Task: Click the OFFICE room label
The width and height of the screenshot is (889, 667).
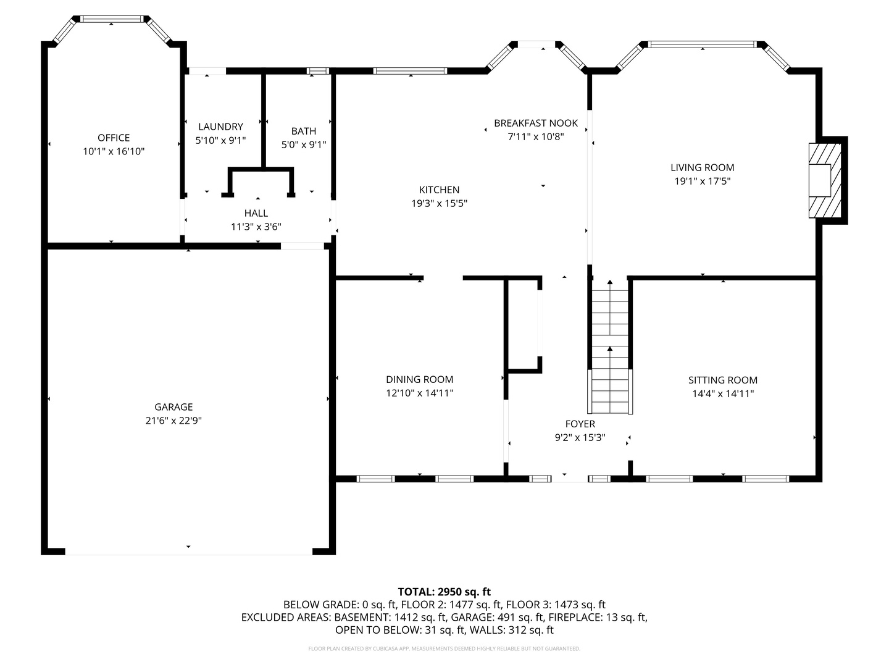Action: pos(114,138)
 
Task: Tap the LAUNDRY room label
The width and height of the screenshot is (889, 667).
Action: pos(220,127)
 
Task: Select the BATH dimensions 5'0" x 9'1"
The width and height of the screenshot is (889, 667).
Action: pos(303,145)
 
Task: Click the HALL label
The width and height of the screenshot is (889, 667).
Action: pos(256,213)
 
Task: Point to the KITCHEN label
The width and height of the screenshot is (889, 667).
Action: pos(439,190)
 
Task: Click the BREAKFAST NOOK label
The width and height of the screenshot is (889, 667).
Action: pos(535,123)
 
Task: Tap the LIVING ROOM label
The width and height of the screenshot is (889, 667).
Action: pos(702,167)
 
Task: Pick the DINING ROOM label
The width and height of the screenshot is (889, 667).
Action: pos(419,379)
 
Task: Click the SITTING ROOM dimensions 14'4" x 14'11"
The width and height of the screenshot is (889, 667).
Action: pos(722,393)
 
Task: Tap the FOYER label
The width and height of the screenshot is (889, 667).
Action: pos(580,424)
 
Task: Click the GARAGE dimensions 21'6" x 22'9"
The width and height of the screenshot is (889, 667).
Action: pos(173,421)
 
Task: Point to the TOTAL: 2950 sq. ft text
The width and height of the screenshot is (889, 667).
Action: pos(444,592)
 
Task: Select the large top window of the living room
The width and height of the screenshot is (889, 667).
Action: pos(702,44)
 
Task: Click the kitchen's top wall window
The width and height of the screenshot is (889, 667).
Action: pos(411,71)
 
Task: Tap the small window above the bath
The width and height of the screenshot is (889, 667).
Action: pos(318,71)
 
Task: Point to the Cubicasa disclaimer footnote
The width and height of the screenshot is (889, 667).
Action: pos(444,648)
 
